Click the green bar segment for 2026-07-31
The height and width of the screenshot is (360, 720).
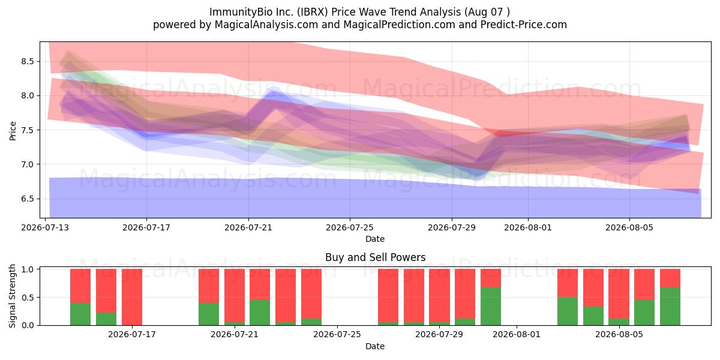491,307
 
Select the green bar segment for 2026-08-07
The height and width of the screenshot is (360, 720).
670,307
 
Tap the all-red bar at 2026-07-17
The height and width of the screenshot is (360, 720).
132,297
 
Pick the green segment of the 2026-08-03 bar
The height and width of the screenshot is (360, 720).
568,311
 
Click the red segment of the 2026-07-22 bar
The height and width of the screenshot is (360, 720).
260,284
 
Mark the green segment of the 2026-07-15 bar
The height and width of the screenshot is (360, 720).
106,319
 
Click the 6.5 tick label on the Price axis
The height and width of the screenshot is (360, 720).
28,199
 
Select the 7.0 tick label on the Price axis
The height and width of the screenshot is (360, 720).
28,164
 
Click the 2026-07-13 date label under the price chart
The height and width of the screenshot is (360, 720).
45,227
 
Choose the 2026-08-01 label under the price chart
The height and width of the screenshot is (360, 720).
528,227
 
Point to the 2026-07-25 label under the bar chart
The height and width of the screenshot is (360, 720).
337,334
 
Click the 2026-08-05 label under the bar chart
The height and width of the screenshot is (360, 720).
619,334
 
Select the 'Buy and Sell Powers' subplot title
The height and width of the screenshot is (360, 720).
375,257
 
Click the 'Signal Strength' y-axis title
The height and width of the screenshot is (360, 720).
12,296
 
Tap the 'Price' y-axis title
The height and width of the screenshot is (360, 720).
13,131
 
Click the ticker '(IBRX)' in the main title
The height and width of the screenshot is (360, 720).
312,12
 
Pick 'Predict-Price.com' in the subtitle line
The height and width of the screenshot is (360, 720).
524,25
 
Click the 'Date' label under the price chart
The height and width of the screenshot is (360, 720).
375,239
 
